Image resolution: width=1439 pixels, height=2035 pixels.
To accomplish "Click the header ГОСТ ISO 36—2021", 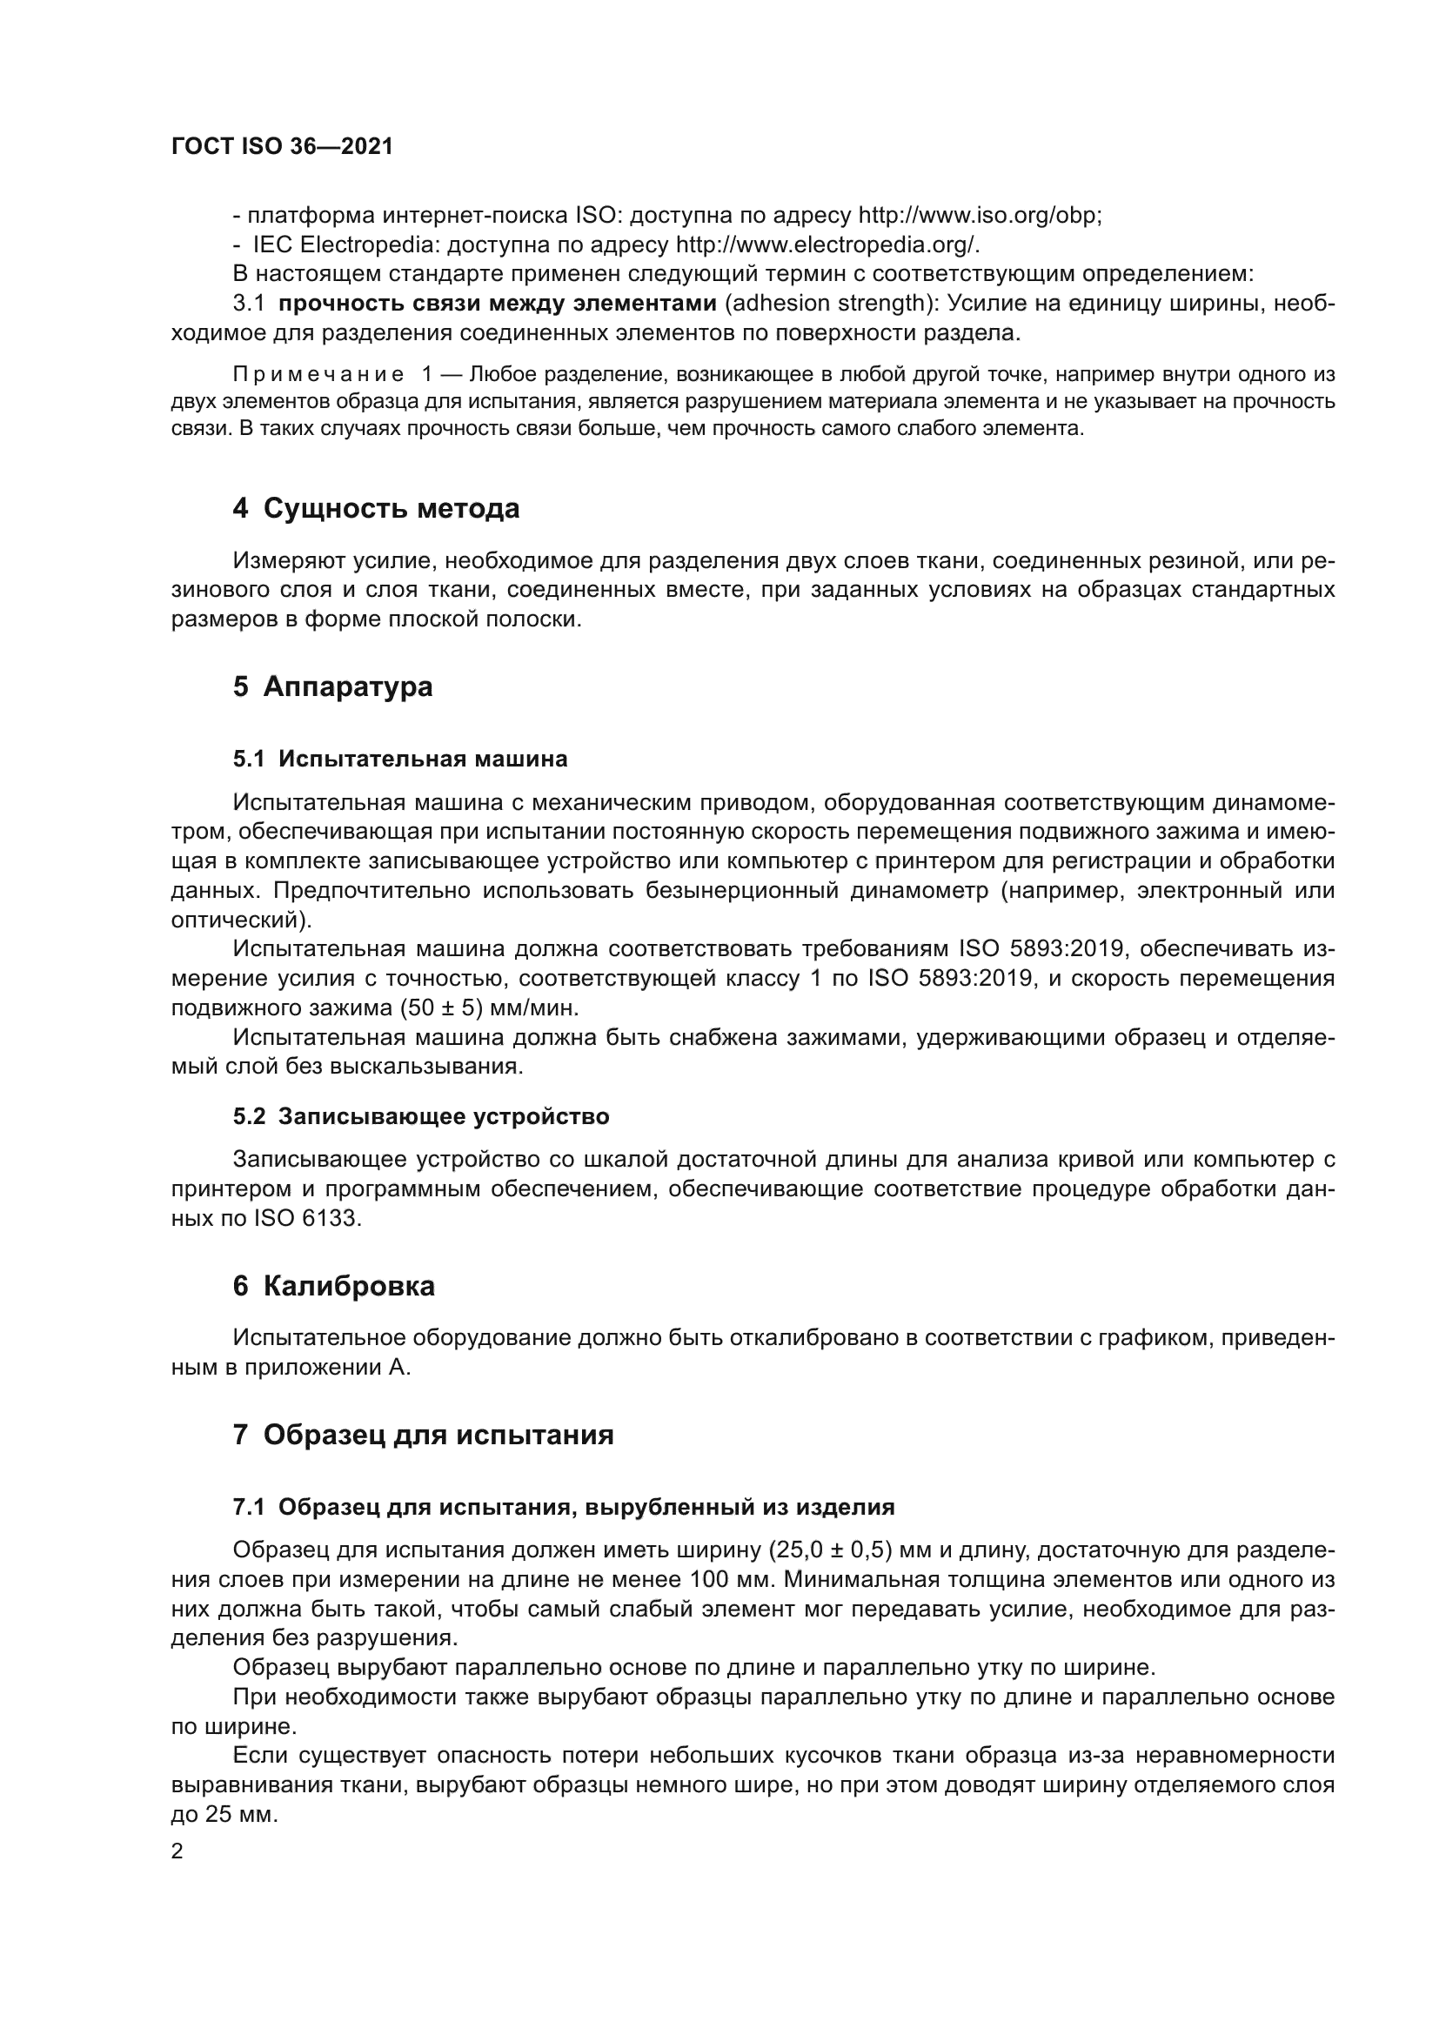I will tap(282, 147).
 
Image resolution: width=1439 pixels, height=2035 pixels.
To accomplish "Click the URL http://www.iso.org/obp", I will tap(979, 216).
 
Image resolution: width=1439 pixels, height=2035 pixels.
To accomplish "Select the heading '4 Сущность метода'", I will tap(376, 509).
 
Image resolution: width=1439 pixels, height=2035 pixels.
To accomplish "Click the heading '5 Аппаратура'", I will tap(332, 687).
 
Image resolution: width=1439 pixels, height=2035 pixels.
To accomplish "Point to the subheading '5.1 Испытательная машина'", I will tap(399, 759).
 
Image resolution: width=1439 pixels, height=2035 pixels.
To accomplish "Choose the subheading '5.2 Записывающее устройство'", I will tap(421, 1116).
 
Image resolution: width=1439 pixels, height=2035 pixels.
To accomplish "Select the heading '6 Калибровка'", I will tap(334, 1286).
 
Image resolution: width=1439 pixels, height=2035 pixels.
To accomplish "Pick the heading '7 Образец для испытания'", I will tap(423, 1435).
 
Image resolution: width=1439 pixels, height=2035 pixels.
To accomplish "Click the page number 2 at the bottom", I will tap(177, 1851).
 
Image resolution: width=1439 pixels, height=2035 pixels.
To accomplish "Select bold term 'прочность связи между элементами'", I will tap(497, 303).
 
